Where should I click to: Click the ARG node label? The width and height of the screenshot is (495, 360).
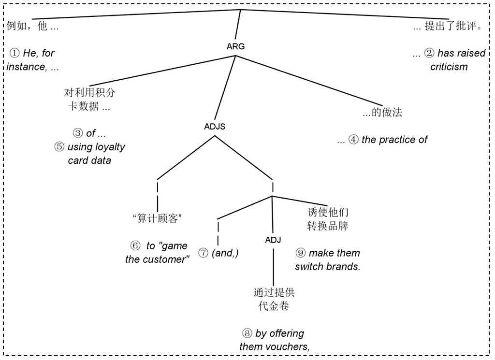pyautogui.click(x=235, y=46)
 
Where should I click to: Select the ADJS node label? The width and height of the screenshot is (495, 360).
pyautogui.click(x=215, y=127)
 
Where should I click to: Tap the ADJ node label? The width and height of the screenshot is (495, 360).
pyautogui.click(x=273, y=239)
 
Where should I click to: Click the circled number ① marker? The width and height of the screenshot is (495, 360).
pyautogui.click(x=15, y=53)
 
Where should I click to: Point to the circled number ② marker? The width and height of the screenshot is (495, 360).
pyautogui.click(x=429, y=53)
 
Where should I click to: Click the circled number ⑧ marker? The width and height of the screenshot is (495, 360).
pyautogui.click(x=247, y=333)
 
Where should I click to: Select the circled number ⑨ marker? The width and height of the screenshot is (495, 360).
pyautogui.click(x=301, y=253)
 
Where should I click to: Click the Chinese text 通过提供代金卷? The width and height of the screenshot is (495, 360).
pyautogui.click(x=274, y=299)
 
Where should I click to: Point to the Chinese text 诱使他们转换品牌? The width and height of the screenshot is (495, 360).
pyautogui.click(x=328, y=219)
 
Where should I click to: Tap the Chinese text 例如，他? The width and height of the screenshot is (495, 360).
pyautogui.click(x=27, y=26)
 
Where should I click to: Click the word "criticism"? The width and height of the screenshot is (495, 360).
pyautogui.click(x=449, y=67)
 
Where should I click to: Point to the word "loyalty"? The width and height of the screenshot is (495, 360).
pyautogui.click(x=108, y=147)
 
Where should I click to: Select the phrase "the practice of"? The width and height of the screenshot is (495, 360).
pyautogui.click(x=394, y=140)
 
